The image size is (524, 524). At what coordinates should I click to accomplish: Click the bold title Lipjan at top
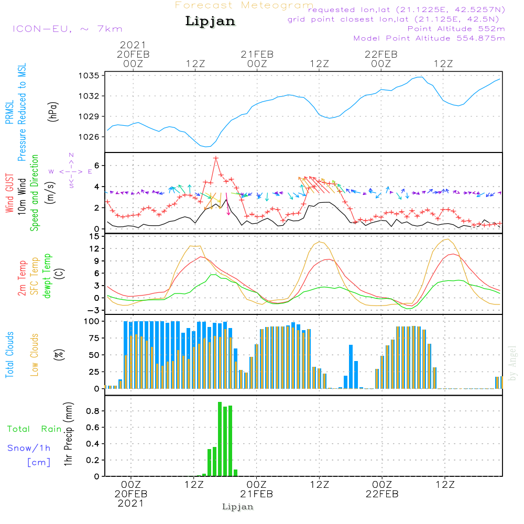(x=210, y=21)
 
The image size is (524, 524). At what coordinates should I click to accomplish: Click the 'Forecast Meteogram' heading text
(x=244, y=5)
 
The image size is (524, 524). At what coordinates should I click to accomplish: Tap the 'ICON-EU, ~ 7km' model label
(x=67, y=29)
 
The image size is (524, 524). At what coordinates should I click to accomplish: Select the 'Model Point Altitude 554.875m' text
(x=429, y=38)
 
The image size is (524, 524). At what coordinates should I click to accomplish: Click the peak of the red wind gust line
(x=215, y=158)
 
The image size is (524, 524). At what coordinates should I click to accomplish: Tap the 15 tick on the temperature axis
(x=95, y=236)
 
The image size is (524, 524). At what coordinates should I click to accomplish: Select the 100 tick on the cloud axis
(x=93, y=321)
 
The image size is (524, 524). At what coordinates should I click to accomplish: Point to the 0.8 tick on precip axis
(x=93, y=411)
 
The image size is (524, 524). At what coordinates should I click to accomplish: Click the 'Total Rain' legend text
(x=35, y=429)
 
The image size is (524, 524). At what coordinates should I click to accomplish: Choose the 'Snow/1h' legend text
(x=29, y=449)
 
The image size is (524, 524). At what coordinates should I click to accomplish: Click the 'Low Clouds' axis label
(x=35, y=354)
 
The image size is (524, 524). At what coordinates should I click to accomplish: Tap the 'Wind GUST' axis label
(x=9, y=193)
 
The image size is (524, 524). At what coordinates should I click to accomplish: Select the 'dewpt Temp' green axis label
(x=48, y=276)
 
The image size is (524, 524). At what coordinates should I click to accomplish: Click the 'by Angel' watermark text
(x=512, y=363)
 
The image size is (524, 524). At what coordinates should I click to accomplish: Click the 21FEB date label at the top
(x=257, y=54)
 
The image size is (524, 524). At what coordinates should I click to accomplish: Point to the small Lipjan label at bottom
(x=238, y=507)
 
